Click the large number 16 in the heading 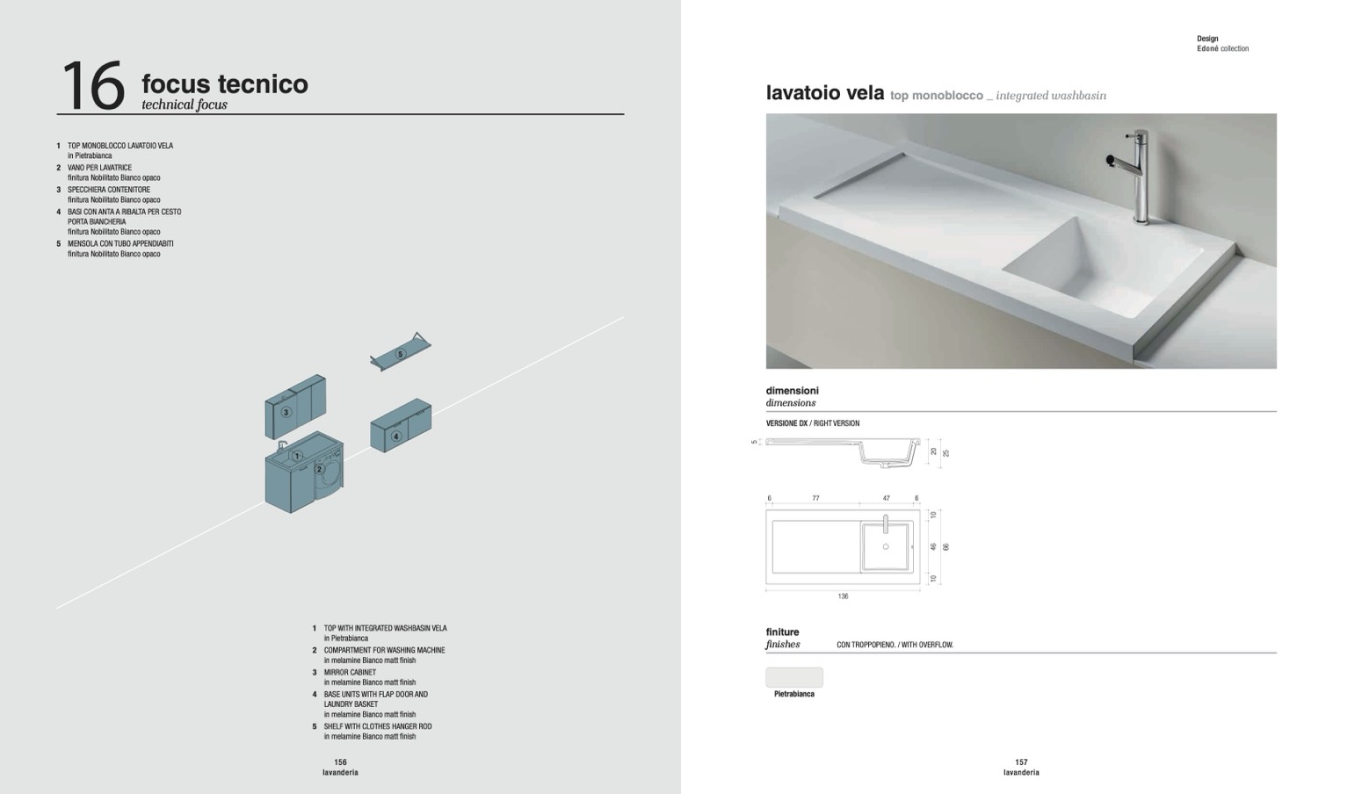[93, 85]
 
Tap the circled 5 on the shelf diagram [400, 354]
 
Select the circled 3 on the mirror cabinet [286, 412]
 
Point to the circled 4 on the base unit [395, 436]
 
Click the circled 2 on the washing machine [319, 469]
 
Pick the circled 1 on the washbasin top [297, 455]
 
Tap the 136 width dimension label [843, 596]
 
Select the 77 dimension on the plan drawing [816, 498]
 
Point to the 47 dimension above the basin [887, 498]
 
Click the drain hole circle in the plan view [886, 546]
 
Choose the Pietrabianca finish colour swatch [794, 677]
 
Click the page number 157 [1021, 762]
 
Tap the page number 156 [340, 762]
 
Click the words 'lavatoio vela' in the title [825, 92]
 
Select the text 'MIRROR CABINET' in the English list [350, 673]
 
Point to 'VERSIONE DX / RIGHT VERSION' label [813, 423]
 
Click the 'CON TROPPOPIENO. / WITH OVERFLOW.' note [895, 645]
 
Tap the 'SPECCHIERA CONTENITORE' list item [109, 190]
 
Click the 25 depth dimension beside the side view [945, 453]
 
